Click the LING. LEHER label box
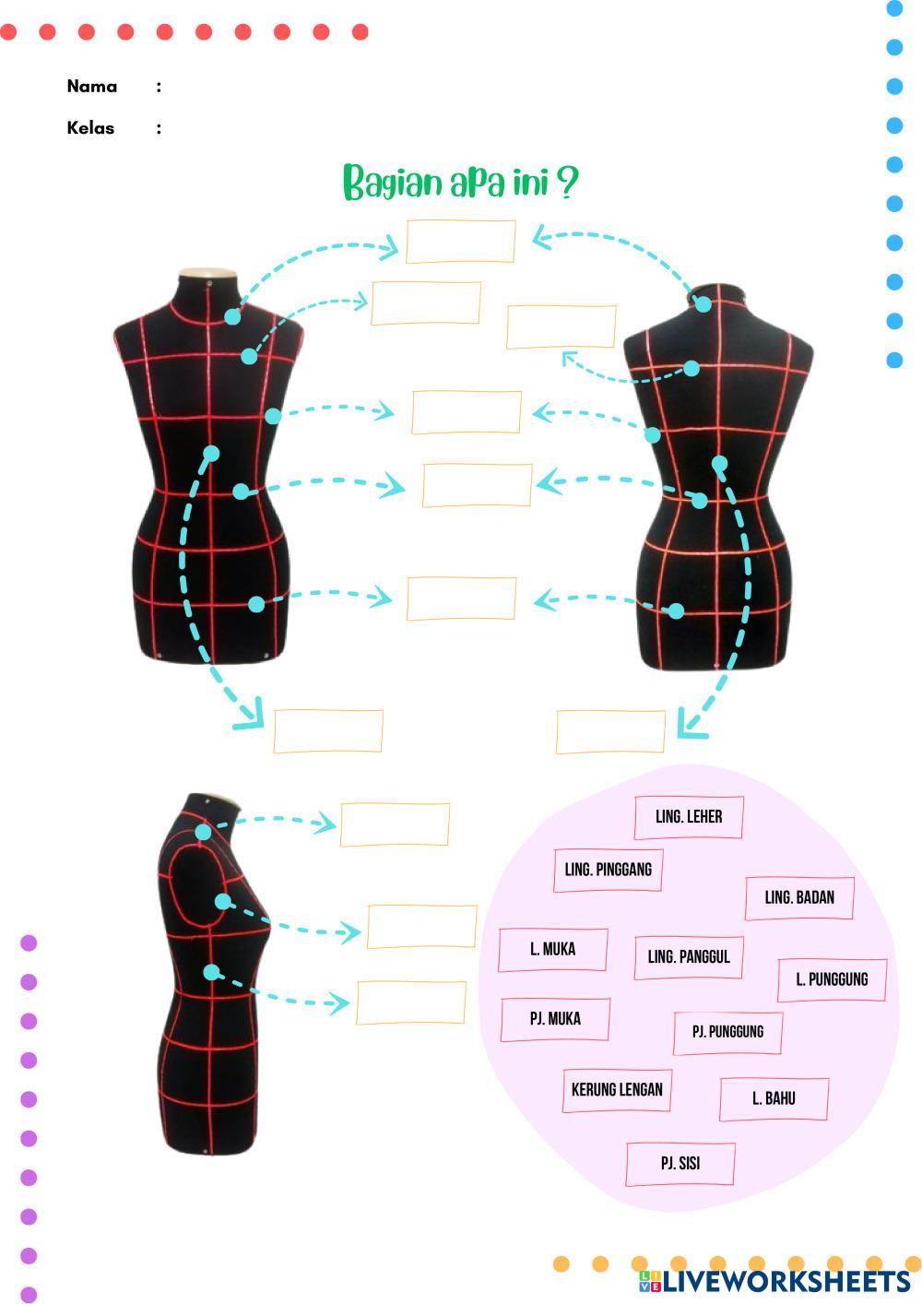pyautogui.click(x=689, y=817)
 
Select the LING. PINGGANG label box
pyautogui.click(x=608, y=870)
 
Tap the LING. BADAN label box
pyautogui.click(x=799, y=897)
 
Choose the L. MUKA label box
pyautogui.click(x=552, y=950)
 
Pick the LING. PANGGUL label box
pyautogui.click(x=689, y=957)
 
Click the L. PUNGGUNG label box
pyautogui.click(x=832, y=979)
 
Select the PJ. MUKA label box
pyautogui.click(x=555, y=1019)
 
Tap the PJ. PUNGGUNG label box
pyautogui.click(x=727, y=1032)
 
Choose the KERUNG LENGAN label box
pyautogui.click(x=617, y=1090)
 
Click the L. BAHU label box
pyautogui.click(x=774, y=1098)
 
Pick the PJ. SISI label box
pyautogui.click(x=680, y=1164)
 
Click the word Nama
pyautogui.click(x=92, y=87)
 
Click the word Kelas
pyautogui.click(x=90, y=128)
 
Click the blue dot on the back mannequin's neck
pyautogui.click(x=703, y=303)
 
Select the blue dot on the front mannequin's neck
pyautogui.click(x=232, y=316)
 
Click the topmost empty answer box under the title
pyautogui.click(x=460, y=242)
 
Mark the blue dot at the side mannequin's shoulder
pyautogui.click(x=203, y=832)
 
